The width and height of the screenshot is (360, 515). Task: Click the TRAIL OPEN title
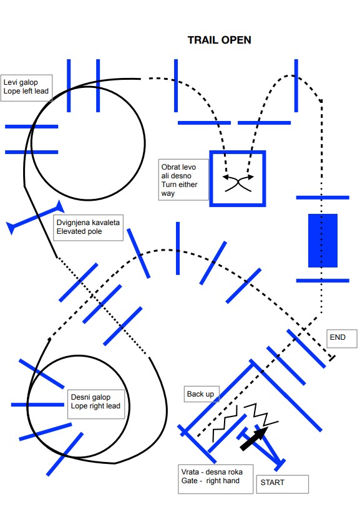(219, 40)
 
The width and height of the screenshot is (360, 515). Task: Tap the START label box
(283, 484)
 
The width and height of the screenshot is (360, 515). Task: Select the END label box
(341, 339)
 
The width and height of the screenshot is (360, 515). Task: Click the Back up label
(201, 394)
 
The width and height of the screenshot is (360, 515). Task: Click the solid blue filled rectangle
(323, 241)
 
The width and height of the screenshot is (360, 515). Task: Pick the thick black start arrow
(254, 438)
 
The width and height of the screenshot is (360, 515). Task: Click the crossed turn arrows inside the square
(238, 183)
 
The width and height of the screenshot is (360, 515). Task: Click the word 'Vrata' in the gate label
(190, 472)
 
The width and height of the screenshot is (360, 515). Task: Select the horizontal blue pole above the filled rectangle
(323, 198)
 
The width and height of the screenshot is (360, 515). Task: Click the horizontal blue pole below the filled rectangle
(323, 281)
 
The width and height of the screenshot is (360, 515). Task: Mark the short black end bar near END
(332, 358)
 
